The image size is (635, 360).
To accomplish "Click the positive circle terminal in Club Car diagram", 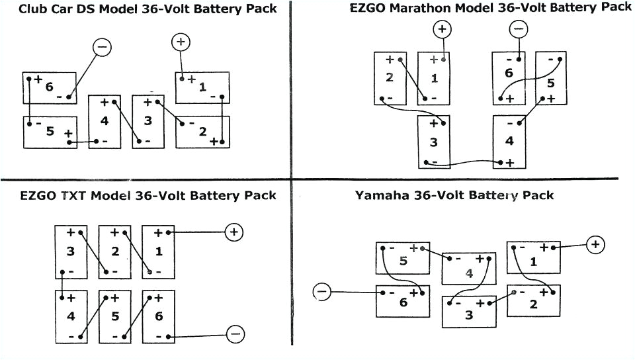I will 181,42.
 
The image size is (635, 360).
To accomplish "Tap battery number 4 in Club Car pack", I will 105,122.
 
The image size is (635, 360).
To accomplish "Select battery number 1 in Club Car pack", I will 202,87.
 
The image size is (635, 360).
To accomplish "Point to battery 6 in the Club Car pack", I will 49,87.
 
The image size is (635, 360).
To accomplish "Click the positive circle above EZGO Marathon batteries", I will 442,29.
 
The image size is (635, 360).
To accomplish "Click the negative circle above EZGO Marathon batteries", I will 519,29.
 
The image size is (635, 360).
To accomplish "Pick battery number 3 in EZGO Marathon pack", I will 434,142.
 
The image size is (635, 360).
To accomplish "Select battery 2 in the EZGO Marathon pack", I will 390,77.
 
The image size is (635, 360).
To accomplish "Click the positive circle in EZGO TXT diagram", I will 234,232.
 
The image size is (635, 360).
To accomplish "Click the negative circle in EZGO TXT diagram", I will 235,334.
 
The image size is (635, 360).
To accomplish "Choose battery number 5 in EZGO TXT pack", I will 114,316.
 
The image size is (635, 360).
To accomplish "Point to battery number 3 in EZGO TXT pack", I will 70,251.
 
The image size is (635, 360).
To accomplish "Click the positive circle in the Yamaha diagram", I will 595,245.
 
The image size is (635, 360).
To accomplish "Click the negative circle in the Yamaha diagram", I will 321,291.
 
